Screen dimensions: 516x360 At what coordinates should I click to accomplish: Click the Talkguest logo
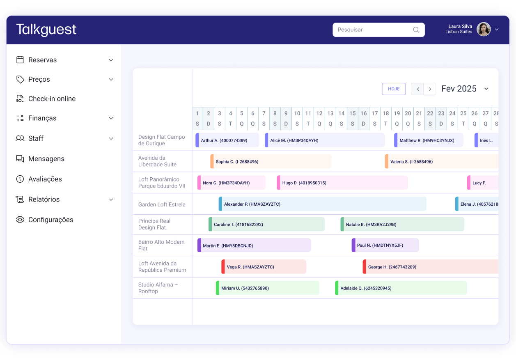click(x=46, y=30)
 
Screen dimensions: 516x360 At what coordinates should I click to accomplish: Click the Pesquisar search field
click(x=374, y=30)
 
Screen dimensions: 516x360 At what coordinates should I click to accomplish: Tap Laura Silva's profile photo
click(x=484, y=29)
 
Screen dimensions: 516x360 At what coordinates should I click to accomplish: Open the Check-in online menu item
click(x=52, y=99)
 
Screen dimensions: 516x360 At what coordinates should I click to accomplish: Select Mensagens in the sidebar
click(x=46, y=159)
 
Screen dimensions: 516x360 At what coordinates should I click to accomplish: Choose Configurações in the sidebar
click(x=50, y=220)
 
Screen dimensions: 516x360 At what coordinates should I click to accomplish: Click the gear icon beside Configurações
click(x=20, y=220)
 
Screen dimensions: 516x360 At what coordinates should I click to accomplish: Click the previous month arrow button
click(x=417, y=89)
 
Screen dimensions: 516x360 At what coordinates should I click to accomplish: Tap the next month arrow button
click(x=430, y=89)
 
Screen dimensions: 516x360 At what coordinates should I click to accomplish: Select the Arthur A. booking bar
click(x=227, y=140)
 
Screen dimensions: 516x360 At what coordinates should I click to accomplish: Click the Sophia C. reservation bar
click(x=271, y=162)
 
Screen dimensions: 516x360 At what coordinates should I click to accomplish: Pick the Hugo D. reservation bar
click(x=342, y=183)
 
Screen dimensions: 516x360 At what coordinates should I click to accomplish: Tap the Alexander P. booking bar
click(x=322, y=204)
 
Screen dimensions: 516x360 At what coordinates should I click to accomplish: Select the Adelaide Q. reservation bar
click(x=401, y=288)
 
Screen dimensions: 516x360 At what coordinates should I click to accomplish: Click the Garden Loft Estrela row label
click(x=162, y=204)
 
